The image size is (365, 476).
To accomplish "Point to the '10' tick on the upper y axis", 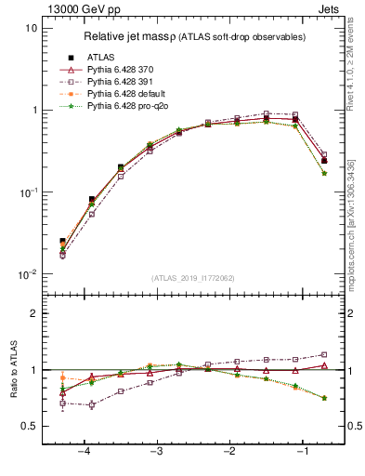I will [x=31, y=28].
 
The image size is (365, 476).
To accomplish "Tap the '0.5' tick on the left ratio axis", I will [x=28, y=426].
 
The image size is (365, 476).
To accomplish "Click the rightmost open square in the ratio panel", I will [x=324, y=354].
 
